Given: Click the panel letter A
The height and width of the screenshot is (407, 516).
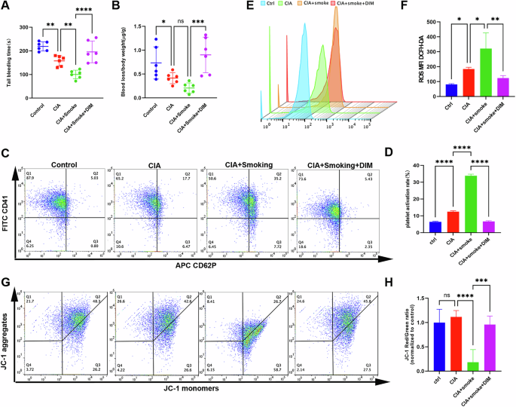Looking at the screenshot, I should click(6, 7).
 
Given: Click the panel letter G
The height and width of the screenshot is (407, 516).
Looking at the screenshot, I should click(6, 261).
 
